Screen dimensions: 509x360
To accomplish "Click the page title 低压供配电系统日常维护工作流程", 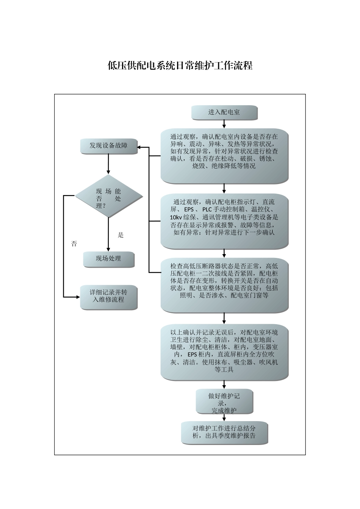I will tap(180, 66).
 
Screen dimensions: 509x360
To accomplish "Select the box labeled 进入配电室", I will tap(224, 112).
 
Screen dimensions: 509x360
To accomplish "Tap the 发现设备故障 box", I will tap(108, 146).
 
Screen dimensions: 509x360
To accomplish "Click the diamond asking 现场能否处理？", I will tap(108, 196).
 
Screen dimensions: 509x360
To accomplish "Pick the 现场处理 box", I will tap(108, 259).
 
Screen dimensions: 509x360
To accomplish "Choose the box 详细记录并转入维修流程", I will tap(108, 297).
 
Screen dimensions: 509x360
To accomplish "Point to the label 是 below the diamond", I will tap(121, 235).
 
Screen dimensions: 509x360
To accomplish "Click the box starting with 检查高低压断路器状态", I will tap(224, 284).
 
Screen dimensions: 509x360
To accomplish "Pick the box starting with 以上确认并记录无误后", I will tap(224, 351).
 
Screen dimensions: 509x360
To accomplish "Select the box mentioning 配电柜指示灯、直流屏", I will tap(224, 220).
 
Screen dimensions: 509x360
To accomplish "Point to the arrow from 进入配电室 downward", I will tap(224, 124).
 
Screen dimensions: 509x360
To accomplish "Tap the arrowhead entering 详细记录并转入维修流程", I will tap(77, 297).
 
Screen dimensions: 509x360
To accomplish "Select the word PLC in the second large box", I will tap(207, 209).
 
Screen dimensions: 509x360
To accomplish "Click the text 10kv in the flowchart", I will tap(176, 217).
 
